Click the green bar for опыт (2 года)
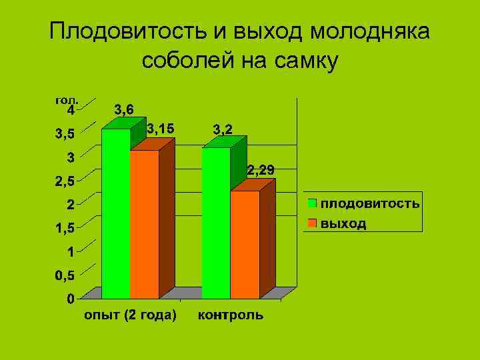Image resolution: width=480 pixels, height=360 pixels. pos(115,213)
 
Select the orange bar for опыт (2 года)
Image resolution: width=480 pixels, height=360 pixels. pos(145,225)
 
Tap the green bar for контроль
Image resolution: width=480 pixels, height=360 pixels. pos(216,223)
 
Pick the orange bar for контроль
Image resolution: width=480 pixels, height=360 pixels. pos(245,245)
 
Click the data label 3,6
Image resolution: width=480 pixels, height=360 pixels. pos(124,109)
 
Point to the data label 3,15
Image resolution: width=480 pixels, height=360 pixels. pos(161,127)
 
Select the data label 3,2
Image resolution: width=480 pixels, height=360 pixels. pos(223,129)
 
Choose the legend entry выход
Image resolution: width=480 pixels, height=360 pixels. pos(343,223)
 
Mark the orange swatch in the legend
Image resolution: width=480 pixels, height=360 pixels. pos(312,223)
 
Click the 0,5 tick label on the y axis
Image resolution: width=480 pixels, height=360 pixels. pos(65,275)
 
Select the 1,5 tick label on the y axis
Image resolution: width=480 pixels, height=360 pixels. pos(65,228)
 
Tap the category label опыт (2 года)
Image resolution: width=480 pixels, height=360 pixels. pos(130,315)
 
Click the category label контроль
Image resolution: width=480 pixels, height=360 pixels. pos(230,315)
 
